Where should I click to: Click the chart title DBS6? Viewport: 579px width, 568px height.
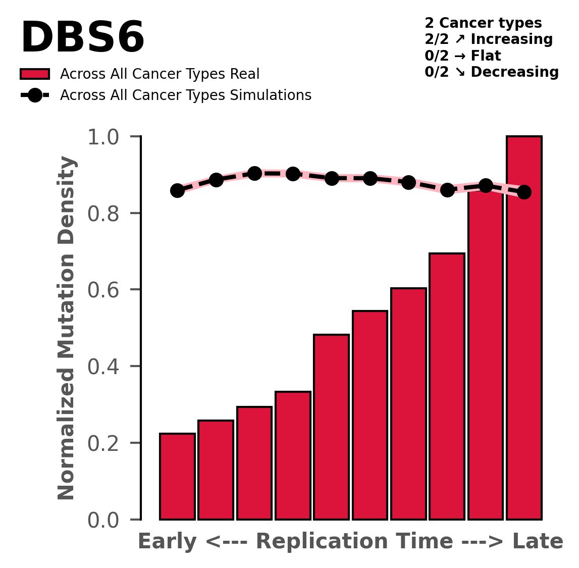82,38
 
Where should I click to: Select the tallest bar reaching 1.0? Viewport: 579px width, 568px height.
524,328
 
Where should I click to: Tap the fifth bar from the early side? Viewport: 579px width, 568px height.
331,427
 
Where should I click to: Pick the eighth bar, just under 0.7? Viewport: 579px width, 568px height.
447,386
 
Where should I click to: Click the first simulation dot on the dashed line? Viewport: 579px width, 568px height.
177,190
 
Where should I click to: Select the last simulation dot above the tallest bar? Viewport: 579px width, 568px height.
524,192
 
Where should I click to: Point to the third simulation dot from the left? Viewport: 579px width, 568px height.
254,173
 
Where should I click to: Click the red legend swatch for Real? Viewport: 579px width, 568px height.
35,74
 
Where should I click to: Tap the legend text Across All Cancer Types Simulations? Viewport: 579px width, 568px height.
185,95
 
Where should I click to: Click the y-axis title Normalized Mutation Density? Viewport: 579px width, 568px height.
67,328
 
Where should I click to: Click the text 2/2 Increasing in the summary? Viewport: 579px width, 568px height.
488,39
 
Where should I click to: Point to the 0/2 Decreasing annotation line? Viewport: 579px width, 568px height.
491,72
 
